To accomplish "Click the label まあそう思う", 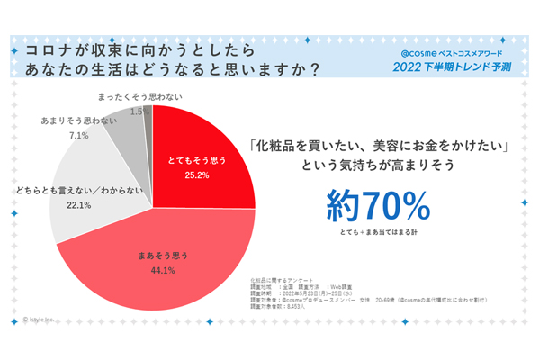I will (x=157, y=255).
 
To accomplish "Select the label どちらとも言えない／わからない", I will (x=76, y=193).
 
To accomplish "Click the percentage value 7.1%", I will (x=78, y=136).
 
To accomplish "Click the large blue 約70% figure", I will (x=378, y=206).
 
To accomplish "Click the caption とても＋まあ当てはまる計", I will (x=379, y=234).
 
